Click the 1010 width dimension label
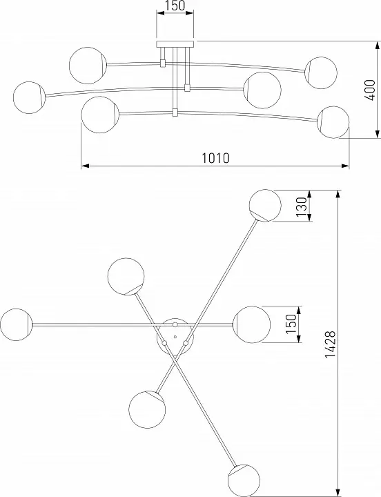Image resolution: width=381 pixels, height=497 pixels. [x=215, y=157]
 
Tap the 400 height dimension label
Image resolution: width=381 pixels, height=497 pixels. [x=369, y=90]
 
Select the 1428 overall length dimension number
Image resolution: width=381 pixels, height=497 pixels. [x=331, y=344]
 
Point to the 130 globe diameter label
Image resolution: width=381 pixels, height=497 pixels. [x=302, y=206]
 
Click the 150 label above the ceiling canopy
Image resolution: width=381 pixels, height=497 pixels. [x=175, y=6]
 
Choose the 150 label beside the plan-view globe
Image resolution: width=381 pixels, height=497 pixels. [x=291, y=324]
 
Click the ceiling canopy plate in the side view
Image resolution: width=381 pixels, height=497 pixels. [x=175, y=44]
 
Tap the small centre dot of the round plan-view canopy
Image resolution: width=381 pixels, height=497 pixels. [x=175, y=337]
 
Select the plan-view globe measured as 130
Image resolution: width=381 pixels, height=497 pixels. [x=265, y=206]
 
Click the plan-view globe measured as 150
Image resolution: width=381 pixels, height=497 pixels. [x=252, y=324]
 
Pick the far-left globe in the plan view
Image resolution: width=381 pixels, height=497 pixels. [x=17, y=324]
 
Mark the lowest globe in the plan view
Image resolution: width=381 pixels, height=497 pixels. [x=244, y=480]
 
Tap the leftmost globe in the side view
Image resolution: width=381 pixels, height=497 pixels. [x=29, y=97]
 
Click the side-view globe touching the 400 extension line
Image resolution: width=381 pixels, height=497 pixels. [x=333, y=122]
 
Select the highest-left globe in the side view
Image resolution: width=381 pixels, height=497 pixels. [x=88, y=66]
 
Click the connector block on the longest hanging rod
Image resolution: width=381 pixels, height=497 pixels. [x=175, y=113]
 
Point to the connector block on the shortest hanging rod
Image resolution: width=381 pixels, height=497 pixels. [x=163, y=64]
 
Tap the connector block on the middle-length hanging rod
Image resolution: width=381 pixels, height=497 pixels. [x=187, y=88]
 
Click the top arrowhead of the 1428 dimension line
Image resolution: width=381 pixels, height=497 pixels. [x=338, y=194]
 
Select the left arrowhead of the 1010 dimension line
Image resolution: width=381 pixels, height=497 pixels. [x=86, y=166]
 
